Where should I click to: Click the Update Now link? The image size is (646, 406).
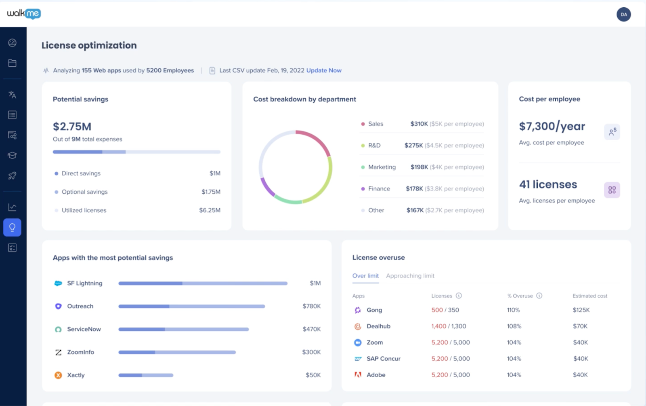(x=323, y=70)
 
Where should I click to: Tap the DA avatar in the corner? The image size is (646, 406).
(x=623, y=15)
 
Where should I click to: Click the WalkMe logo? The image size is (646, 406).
(x=24, y=14)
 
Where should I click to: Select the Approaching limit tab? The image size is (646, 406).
(x=410, y=276)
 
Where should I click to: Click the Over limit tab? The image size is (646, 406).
(x=365, y=276)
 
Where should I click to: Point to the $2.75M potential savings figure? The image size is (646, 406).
(x=72, y=127)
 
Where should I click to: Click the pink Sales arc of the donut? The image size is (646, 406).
(x=317, y=139)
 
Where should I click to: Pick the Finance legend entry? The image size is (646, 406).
(x=379, y=189)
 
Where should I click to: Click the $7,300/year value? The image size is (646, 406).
(x=552, y=127)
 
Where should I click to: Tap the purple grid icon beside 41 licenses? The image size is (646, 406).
(x=612, y=190)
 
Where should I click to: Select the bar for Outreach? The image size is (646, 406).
(x=191, y=307)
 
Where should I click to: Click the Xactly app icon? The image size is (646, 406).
(x=58, y=375)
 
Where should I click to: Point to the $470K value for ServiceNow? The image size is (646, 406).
(x=311, y=329)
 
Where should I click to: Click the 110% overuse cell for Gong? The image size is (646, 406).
(x=513, y=310)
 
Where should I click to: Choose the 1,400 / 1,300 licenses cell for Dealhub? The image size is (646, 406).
(x=449, y=326)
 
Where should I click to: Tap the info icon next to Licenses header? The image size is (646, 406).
(x=459, y=296)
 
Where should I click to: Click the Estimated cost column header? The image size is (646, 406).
(x=589, y=296)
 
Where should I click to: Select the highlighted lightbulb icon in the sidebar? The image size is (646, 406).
(x=12, y=228)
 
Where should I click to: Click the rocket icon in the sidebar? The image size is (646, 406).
(x=12, y=176)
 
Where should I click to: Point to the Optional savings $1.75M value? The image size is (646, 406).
(x=211, y=192)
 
